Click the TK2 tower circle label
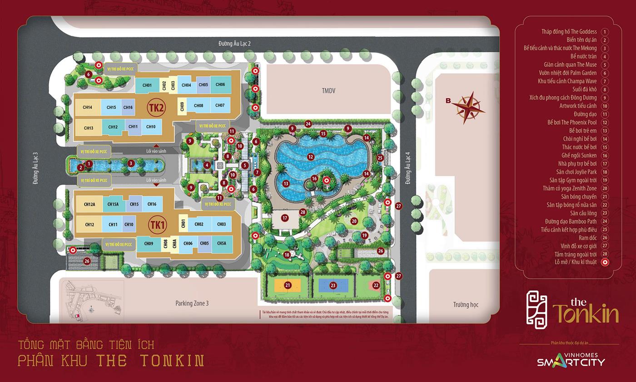pos(156,107)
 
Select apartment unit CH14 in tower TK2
pos(88,107)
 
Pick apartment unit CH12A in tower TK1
pos(89,205)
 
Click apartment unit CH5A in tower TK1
pos(221,243)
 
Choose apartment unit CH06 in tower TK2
pos(220,85)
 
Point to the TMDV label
pos(328,91)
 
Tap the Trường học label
pos(466,305)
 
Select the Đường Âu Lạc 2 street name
pos(234,44)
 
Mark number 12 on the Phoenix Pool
pos(311,157)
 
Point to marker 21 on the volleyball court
pos(288,286)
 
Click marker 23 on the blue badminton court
pos(333,286)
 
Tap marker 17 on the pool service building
pos(285,218)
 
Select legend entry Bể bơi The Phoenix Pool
pos(572,122)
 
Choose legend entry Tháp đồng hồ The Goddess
pos(569,32)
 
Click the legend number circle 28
pos(605,254)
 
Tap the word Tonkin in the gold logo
pos(586,314)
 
